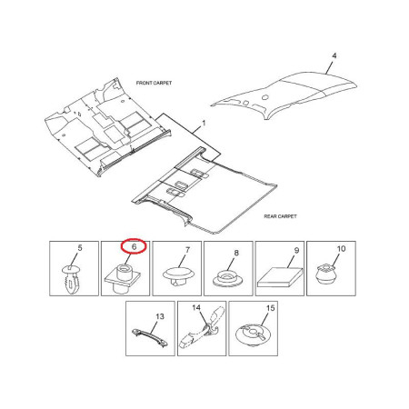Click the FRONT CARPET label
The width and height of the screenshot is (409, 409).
154,83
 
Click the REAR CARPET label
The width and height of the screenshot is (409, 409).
280,216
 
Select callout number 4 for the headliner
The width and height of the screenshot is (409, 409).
334,55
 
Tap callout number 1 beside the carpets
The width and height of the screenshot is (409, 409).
204,124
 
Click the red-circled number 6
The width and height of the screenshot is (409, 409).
134,246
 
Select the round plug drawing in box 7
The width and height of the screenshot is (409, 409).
178,276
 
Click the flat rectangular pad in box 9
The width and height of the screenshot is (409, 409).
280,277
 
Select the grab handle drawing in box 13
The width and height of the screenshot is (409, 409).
150,337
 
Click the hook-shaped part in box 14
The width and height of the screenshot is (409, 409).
202,328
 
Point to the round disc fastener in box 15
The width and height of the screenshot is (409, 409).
254,335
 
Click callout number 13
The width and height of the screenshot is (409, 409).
160,316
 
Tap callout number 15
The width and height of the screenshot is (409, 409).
270,308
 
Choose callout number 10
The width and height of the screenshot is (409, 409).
341,249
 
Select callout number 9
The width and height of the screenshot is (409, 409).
296,251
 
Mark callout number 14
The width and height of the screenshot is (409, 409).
196,308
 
